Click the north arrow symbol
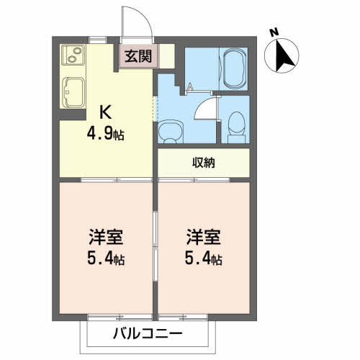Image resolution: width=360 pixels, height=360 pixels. (282, 55)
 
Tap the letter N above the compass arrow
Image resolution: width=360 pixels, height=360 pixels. (273, 32)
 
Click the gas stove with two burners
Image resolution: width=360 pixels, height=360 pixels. (73, 55)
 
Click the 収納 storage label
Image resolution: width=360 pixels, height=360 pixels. (203, 162)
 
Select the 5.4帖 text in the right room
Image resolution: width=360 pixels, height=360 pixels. (204, 258)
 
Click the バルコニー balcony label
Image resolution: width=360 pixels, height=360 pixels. (147, 335)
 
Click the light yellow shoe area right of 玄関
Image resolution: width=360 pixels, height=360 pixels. (166, 55)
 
